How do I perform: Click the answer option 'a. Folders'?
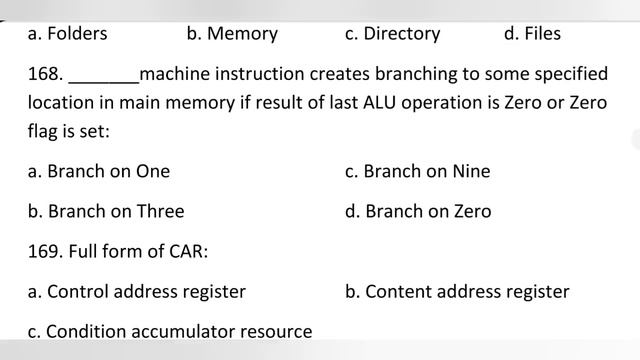pos(67,33)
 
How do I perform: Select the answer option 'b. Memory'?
pos(232,34)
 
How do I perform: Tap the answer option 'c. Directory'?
pos(393,34)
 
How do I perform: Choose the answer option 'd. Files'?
pos(532,33)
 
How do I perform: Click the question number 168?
pos(45,74)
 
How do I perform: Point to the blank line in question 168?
pos(104,83)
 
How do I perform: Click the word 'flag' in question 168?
pos(42,132)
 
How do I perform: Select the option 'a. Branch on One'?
pos(99,171)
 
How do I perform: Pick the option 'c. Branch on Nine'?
pos(418,171)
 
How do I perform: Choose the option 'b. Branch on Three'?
pos(106,211)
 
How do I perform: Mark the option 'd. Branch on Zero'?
pos(418,211)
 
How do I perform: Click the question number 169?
pos(45,251)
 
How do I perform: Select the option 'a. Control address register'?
pos(137,292)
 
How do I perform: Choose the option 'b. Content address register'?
pos(457,292)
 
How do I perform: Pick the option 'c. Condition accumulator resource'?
pos(170,331)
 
